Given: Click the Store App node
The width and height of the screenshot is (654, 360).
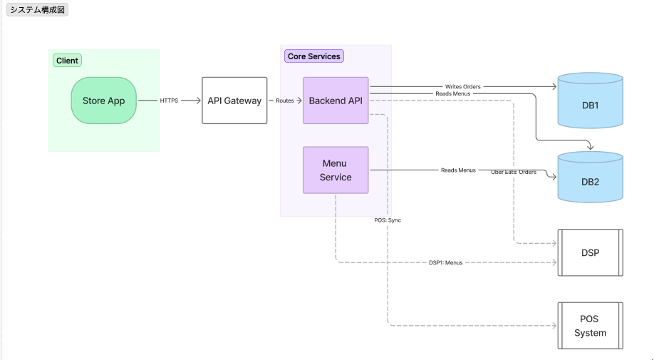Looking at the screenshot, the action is [104, 101].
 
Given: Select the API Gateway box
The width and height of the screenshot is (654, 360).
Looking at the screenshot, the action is [234, 101].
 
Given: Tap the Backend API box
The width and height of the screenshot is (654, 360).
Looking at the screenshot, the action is [336, 101].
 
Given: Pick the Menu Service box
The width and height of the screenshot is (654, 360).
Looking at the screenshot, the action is [336, 170].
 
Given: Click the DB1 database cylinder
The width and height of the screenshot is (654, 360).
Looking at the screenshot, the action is [590, 101].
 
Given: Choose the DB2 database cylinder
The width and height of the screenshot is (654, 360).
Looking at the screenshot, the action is [590, 177].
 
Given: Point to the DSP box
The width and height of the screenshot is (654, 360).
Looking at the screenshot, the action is [590, 253].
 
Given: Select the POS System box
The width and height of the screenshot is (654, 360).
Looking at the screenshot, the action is [590, 326].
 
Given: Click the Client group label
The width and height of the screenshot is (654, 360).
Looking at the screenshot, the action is [67, 61].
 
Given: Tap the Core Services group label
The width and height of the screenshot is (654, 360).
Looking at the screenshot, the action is [314, 56].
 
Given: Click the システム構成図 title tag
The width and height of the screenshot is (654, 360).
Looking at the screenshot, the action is [38, 10].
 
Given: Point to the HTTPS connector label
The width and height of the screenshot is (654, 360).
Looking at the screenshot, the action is [169, 101].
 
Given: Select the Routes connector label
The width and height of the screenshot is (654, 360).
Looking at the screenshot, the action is [285, 101].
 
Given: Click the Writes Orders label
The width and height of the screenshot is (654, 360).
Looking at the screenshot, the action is [463, 87].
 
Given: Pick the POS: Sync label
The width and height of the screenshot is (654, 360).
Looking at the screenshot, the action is [388, 220].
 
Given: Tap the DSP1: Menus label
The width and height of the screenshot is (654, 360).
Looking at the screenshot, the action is [446, 263].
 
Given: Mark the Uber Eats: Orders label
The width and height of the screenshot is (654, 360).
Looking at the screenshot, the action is [514, 172].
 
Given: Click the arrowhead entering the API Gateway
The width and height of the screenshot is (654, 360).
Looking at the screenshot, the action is [199, 101].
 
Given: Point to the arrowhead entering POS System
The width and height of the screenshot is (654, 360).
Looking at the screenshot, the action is [555, 326].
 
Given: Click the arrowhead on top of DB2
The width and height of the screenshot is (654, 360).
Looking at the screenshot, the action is [590, 147].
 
